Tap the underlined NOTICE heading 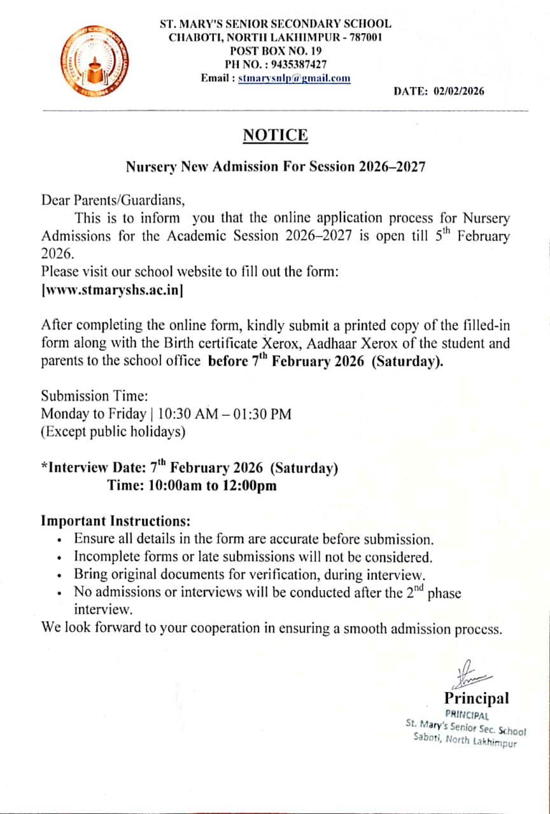[275, 135]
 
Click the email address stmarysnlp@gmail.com [294, 78]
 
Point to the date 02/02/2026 [458, 91]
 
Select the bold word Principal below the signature [476, 698]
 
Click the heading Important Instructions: [116, 521]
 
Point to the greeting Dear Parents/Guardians [113, 201]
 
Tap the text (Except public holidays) [113, 432]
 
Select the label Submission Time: [94, 396]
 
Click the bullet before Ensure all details [59, 541]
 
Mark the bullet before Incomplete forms [59, 558]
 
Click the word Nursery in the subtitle [151, 167]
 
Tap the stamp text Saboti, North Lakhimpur [465, 740]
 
